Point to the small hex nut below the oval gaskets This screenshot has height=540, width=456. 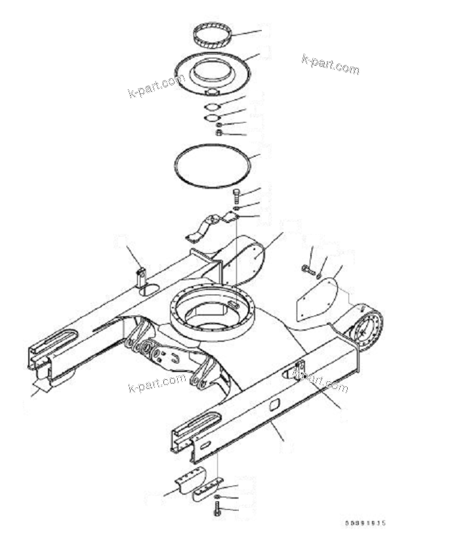(219, 133)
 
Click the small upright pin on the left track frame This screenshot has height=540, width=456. (140, 275)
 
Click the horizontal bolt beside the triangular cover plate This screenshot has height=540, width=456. (308, 270)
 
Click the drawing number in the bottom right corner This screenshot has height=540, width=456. (365, 523)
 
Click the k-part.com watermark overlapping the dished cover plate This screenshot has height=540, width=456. (156, 86)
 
